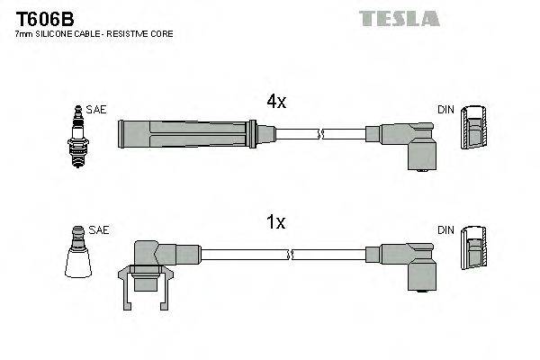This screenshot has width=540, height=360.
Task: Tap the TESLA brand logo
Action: pyautogui.click(x=400, y=18)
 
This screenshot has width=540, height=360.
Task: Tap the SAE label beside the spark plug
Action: pyautogui.click(x=96, y=109)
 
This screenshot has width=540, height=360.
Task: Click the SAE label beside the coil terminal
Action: pyautogui.click(x=98, y=230)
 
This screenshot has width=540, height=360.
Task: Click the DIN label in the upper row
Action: pyautogui.click(x=445, y=110)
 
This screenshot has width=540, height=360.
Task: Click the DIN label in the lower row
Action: pyautogui.click(x=445, y=230)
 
